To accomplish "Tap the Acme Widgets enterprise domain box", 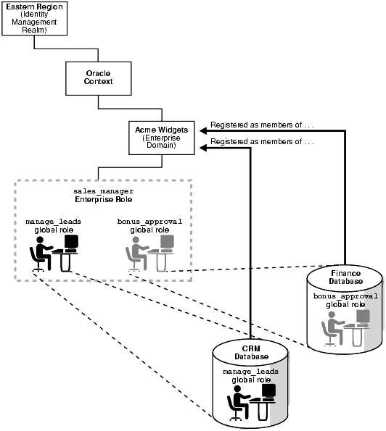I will [161, 136].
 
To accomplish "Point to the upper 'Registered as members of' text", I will [262, 125].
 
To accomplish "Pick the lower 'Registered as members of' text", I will [262, 143].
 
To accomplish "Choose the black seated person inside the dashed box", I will [40, 255].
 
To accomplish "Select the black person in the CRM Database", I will [238, 403].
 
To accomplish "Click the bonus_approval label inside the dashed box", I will [149, 223].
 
